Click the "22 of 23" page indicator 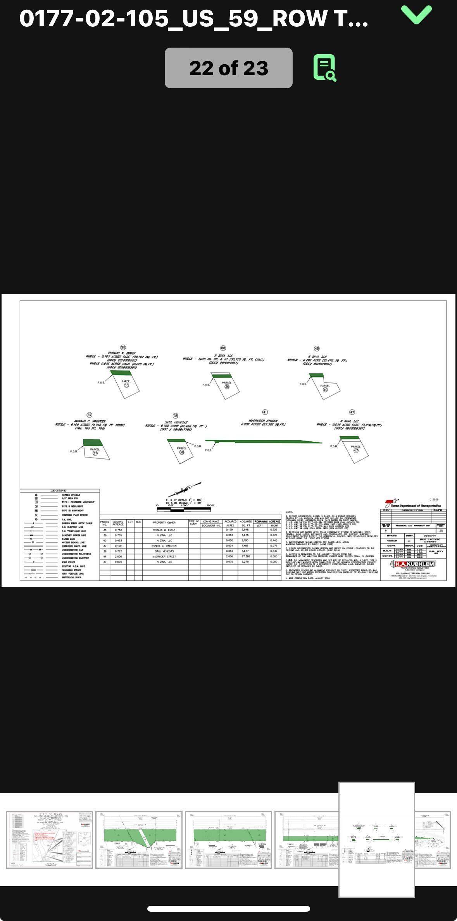tap(228, 68)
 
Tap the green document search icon tap(325, 68)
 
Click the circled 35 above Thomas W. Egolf tap(123, 348)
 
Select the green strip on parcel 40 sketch tap(316, 376)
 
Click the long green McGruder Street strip tap(264, 441)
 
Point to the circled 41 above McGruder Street tap(265, 412)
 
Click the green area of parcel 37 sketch tap(93, 442)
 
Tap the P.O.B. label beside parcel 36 tap(206, 385)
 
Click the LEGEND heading tap(59, 491)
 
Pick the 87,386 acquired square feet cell tap(246, 556)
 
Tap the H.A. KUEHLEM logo tap(414, 564)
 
